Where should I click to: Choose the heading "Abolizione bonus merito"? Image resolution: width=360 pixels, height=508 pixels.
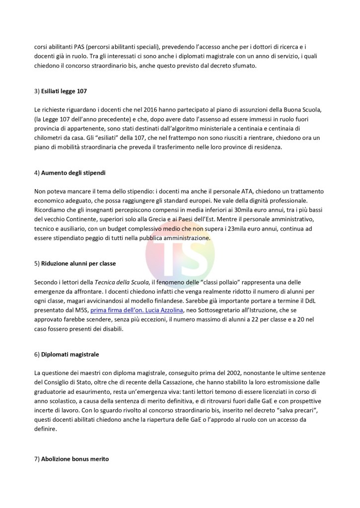tap(75, 459)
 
